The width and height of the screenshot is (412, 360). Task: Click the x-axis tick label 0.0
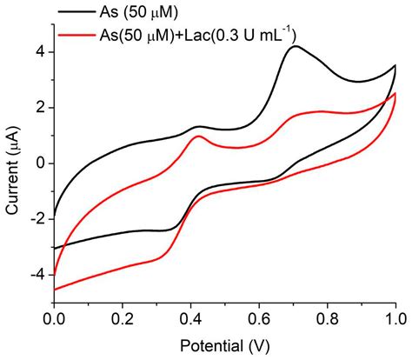[x=54, y=318]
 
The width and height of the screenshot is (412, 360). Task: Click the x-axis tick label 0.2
[x=123, y=318]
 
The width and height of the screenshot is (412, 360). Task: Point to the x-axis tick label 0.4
[x=190, y=318]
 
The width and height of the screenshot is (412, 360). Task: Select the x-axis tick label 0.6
[x=259, y=318]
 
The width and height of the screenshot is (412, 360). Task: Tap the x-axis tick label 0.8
[x=327, y=318]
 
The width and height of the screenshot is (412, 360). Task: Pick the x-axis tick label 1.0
[x=395, y=318]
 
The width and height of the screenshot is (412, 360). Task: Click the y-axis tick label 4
[x=39, y=52]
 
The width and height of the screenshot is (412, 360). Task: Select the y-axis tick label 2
[x=39, y=108]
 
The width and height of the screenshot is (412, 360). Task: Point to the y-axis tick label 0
[x=39, y=163]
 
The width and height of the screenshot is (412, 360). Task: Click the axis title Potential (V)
[x=224, y=344]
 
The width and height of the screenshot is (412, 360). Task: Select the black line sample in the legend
[x=78, y=14]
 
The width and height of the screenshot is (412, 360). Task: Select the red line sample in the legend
[x=78, y=34]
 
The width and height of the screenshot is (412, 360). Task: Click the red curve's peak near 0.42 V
[x=198, y=137]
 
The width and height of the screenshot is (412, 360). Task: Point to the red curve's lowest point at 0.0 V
[x=55, y=289]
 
